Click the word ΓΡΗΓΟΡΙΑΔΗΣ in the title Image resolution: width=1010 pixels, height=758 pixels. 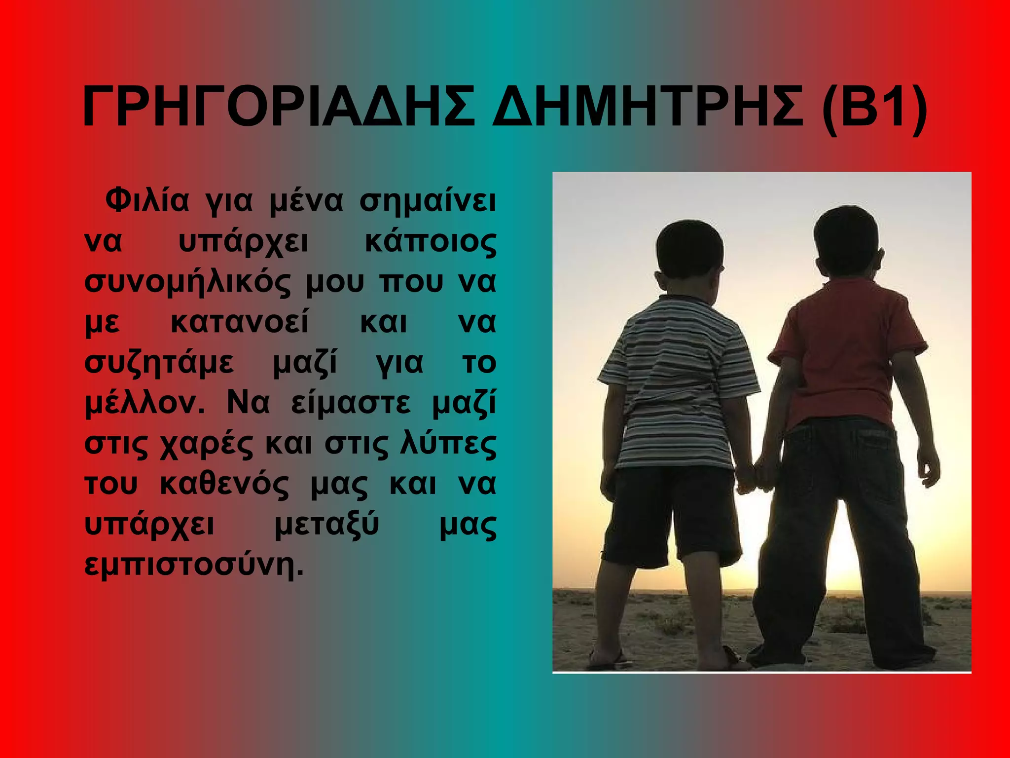click(279, 108)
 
